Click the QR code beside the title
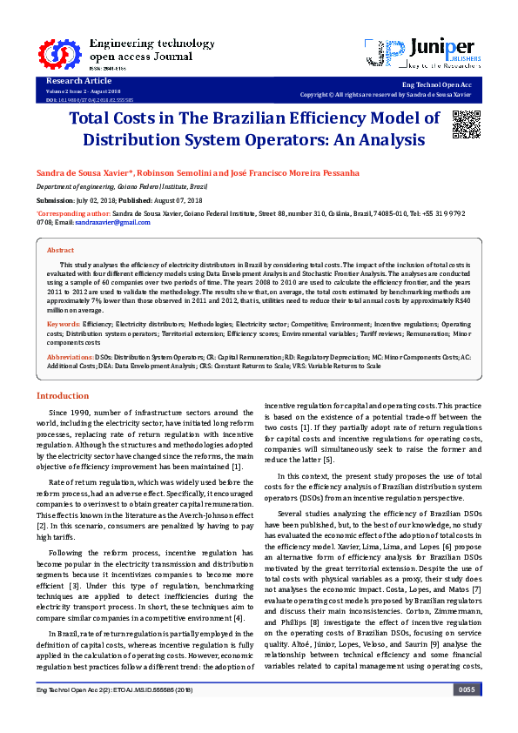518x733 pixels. coord(467,125)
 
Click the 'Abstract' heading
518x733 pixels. coord(60,250)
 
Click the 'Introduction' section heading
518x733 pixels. coord(62,395)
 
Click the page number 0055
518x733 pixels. coord(466,714)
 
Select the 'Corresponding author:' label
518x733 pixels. coord(73,212)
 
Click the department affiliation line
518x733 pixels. coord(122,186)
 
